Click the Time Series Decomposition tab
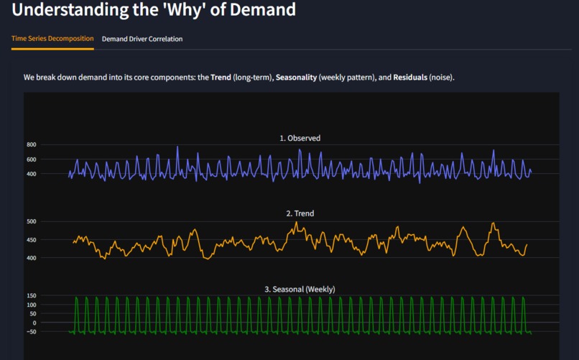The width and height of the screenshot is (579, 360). click(52, 39)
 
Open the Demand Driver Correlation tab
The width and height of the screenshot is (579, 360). click(142, 39)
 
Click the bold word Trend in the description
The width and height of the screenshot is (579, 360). click(221, 77)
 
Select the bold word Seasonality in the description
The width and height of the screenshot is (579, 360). click(296, 77)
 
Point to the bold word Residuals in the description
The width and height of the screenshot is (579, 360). click(410, 77)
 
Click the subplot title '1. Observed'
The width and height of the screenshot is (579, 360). click(300, 138)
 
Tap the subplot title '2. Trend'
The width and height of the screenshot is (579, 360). click(300, 213)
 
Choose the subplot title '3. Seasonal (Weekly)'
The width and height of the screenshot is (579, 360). click(300, 289)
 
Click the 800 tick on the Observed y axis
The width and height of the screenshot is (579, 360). click(31, 145)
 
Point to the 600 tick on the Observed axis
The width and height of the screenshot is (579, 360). click(31, 160)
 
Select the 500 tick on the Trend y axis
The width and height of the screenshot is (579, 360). click(31, 221)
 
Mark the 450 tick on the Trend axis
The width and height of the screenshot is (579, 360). click(31, 240)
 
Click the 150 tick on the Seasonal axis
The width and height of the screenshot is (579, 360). click(31, 296)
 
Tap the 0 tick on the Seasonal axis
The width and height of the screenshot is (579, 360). click(34, 323)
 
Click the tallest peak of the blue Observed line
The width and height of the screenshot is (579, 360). click(177, 147)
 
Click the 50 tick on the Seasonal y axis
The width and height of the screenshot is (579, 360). click(32, 314)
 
